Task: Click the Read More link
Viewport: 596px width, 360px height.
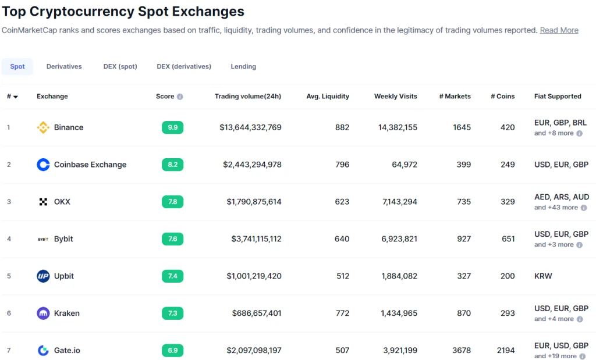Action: (x=559, y=30)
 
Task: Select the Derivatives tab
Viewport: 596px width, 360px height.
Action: (x=64, y=66)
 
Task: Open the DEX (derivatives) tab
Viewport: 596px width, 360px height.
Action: (x=184, y=66)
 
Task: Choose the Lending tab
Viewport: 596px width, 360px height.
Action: (x=243, y=66)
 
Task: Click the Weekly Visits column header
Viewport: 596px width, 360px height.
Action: (x=396, y=97)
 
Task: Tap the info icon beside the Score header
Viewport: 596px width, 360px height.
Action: (x=180, y=97)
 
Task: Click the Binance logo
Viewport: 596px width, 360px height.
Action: (x=43, y=127)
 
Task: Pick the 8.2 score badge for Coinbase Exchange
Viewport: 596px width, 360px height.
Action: (x=172, y=165)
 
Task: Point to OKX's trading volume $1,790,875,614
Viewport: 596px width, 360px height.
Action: (x=254, y=202)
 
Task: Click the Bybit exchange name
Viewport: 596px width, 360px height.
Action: (x=63, y=239)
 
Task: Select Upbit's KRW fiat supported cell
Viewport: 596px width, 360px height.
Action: (x=543, y=276)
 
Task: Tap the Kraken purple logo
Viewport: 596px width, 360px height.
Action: (x=43, y=313)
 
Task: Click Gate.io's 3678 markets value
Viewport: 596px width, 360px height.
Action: (x=462, y=350)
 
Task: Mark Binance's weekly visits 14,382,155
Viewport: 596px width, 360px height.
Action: (x=398, y=127)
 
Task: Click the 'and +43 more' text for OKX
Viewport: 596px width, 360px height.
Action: (x=556, y=208)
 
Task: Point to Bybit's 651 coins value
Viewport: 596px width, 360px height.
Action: (x=508, y=239)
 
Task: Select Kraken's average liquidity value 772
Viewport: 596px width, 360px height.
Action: (x=342, y=313)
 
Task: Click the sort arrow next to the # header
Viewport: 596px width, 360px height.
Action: (x=16, y=97)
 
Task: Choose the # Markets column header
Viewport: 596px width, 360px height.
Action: (x=455, y=97)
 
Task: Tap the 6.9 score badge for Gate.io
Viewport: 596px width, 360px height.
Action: (x=172, y=350)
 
